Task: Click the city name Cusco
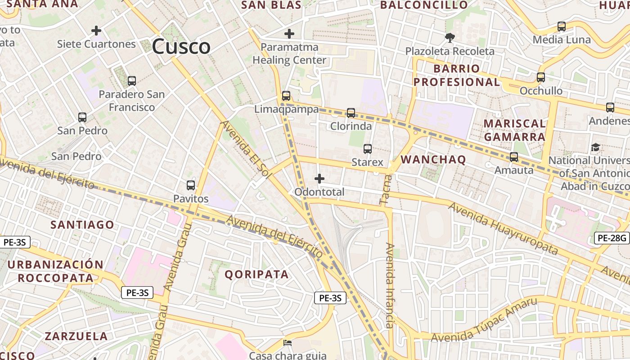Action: click(x=181, y=46)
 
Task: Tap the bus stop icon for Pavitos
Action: click(x=191, y=185)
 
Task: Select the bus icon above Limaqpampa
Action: click(x=286, y=95)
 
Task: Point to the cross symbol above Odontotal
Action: click(x=319, y=179)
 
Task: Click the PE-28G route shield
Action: click(x=612, y=238)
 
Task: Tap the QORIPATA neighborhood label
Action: click(x=256, y=274)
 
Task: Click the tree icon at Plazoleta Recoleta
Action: click(x=449, y=37)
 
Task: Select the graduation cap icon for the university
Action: click(x=595, y=147)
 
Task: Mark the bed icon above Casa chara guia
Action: click(x=288, y=343)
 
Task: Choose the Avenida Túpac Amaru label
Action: click(x=485, y=319)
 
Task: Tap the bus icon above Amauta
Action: click(x=514, y=157)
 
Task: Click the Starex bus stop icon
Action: click(x=368, y=148)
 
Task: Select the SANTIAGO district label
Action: click(x=82, y=225)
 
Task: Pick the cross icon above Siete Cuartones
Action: click(x=96, y=31)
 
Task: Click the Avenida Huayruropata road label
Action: click(x=503, y=229)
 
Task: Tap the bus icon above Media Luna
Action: click(x=562, y=27)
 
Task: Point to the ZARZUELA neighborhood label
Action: click(x=76, y=336)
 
